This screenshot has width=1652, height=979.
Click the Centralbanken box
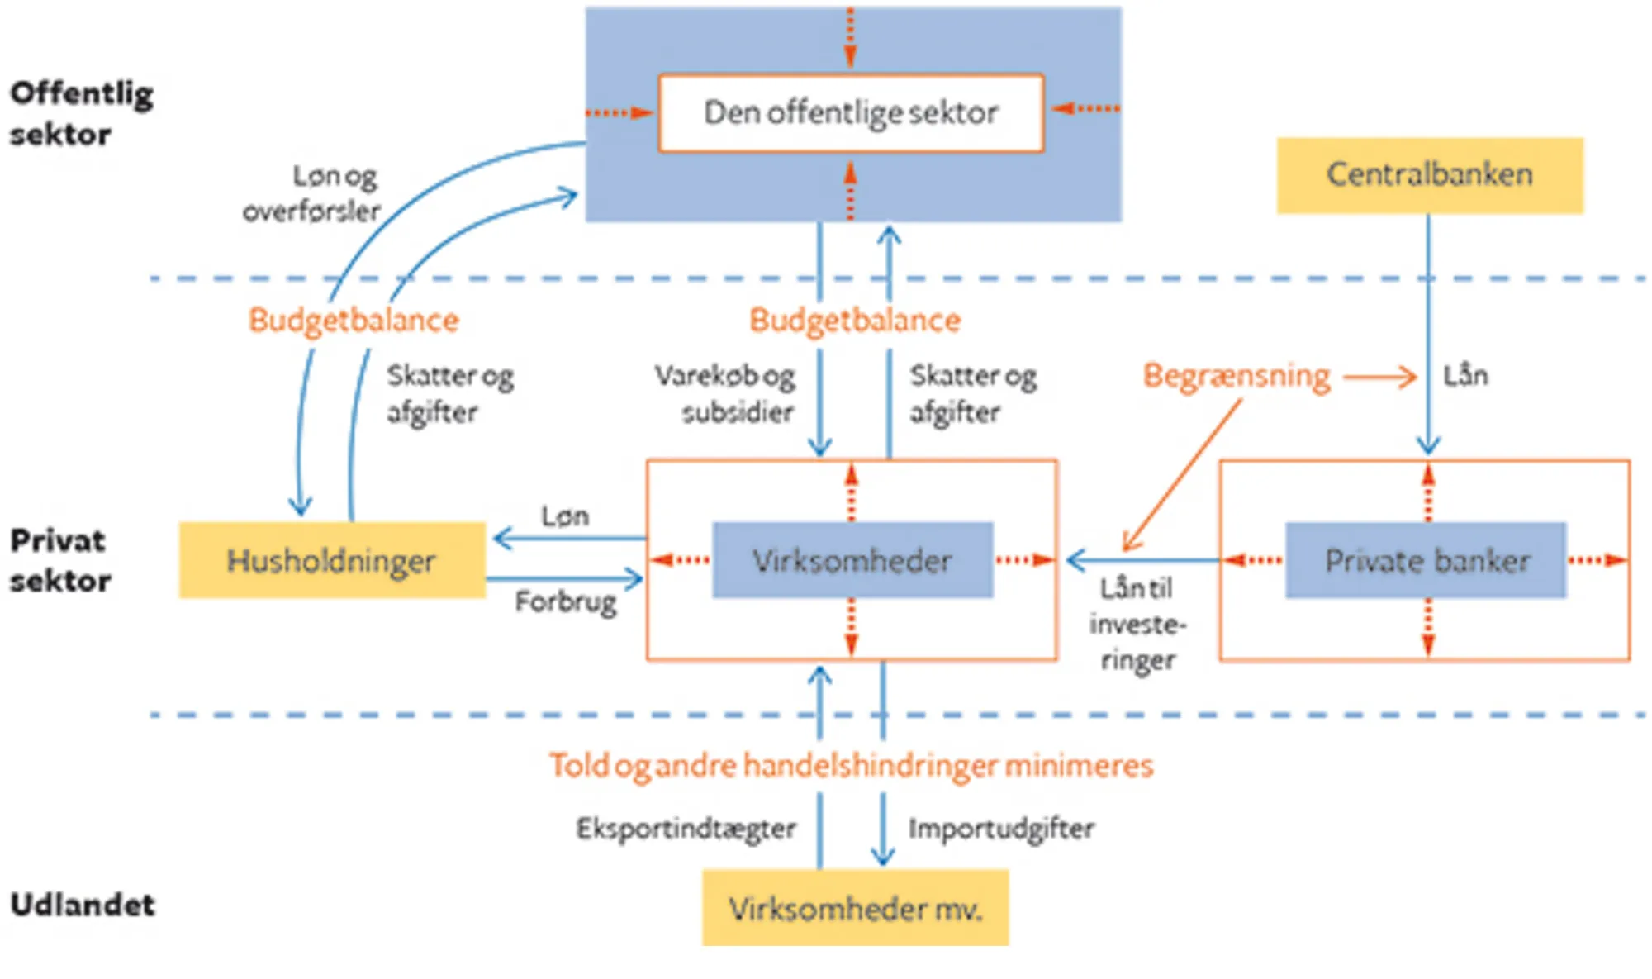pos(1429,175)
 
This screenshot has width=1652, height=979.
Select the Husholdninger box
pos(331,560)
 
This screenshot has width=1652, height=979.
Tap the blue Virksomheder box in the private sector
pos(852,560)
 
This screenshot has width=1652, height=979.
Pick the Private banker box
pos(1426,560)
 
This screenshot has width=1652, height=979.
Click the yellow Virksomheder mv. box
pos(855,908)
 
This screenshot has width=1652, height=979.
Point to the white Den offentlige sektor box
pos(851,112)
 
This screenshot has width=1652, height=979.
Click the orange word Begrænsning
pos(1236,376)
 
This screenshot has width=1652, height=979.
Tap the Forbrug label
pos(566,601)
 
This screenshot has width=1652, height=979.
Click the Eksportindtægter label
pos(686,828)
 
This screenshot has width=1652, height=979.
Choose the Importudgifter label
pos(1001,828)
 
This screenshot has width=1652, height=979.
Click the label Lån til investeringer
pos(1137,625)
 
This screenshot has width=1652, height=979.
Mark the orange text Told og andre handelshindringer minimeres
pos(851,765)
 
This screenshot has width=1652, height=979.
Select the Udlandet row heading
pos(82,905)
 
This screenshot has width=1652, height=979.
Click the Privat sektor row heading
pos(59,560)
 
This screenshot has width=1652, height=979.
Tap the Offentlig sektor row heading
pos(81,113)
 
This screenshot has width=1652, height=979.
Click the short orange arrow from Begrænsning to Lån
pos(1379,378)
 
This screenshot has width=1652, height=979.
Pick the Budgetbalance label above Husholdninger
pos(354,320)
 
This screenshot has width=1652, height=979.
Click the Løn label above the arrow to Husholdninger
pos(565,516)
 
